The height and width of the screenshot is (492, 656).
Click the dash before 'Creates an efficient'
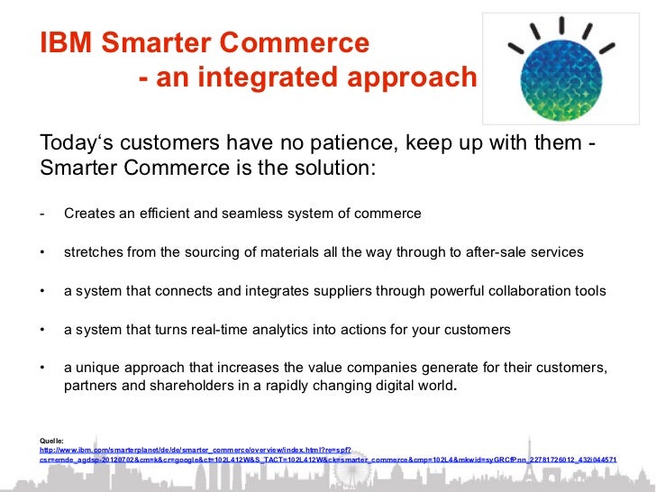click(x=42, y=214)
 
